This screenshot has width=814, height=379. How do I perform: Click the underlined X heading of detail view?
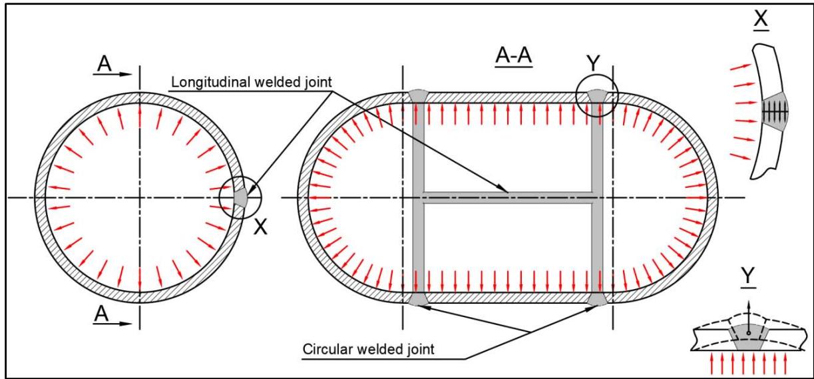(x=760, y=18)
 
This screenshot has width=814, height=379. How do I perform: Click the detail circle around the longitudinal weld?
(x=241, y=198)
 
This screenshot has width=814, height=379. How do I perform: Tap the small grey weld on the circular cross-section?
(x=240, y=198)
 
